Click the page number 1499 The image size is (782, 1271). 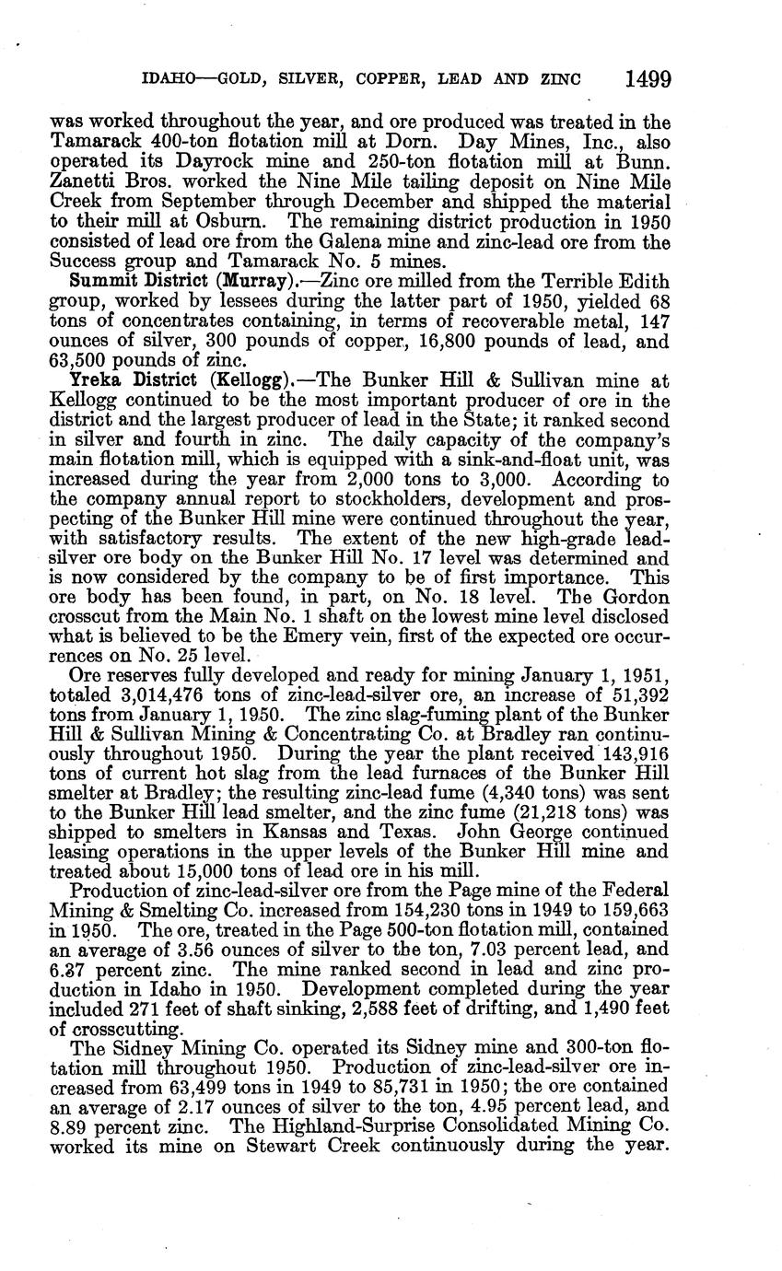pyautogui.click(x=647, y=79)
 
